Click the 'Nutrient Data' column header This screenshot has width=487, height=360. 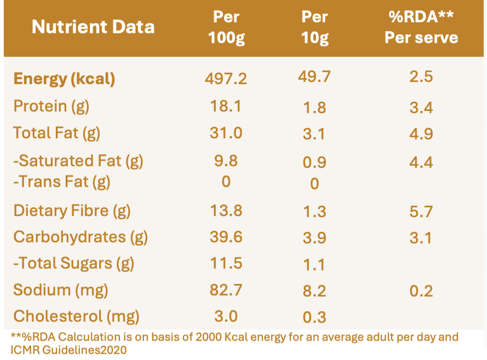click(x=93, y=27)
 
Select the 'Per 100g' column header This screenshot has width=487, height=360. click(x=226, y=27)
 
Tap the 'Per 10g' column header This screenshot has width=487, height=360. click(x=314, y=27)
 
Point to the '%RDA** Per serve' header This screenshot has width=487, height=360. click(x=421, y=27)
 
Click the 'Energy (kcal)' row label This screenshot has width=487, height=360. click(x=64, y=79)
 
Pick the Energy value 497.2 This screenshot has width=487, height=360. click(x=226, y=78)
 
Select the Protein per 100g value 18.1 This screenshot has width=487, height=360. click(x=226, y=106)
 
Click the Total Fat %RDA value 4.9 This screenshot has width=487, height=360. click(x=421, y=134)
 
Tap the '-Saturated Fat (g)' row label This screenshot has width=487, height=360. click(x=78, y=161)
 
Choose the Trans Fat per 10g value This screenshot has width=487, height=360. click(x=314, y=184)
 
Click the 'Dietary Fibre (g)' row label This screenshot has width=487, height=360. click(x=72, y=211)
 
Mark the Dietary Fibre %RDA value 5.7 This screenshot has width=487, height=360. click(x=421, y=212)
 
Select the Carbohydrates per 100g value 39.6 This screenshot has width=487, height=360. click(x=226, y=237)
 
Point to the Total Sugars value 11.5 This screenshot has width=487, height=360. click(x=226, y=263)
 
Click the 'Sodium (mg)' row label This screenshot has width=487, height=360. click(x=61, y=290)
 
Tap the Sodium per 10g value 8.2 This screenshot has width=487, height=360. click(x=314, y=291)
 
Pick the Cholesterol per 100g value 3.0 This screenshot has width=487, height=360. click(x=226, y=316)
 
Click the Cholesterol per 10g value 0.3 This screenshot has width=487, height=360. click(x=314, y=317)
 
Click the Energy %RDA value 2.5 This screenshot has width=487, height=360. click(x=421, y=77)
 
